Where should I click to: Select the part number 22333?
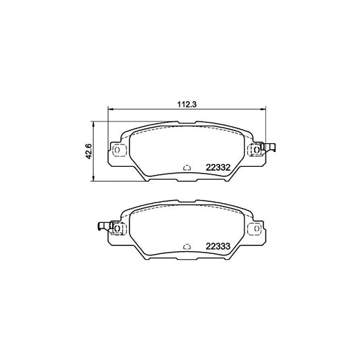218,247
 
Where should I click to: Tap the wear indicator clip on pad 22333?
102,228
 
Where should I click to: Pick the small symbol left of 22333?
186,247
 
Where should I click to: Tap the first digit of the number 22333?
207,247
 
